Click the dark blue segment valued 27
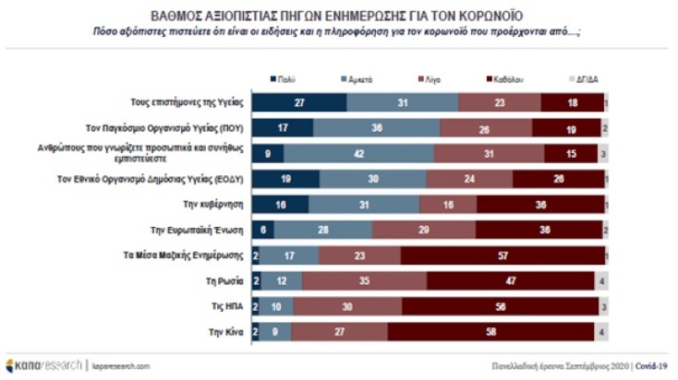coord(300,103)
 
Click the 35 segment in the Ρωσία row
coord(364,279)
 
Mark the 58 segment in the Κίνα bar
coord(494,329)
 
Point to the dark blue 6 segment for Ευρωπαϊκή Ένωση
coord(263,229)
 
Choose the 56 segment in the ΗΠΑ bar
coord(499,304)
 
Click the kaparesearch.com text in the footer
coord(119,365)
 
